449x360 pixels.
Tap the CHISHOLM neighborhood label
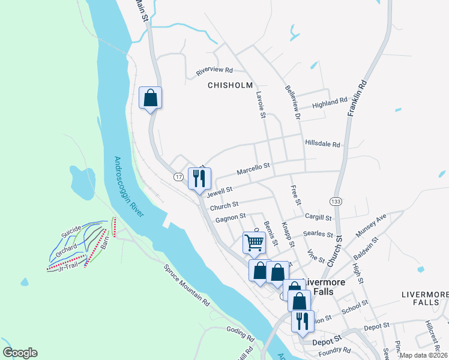click(x=230, y=85)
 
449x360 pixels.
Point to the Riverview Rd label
click(x=214, y=71)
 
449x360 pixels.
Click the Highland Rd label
click(x=330, y=104)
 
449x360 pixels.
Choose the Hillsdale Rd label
click(x=322, y=145)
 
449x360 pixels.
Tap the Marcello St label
click(x=253, y=169)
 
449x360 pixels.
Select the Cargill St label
click(x=318, y=217)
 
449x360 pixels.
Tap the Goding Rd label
click(x=241, y=330)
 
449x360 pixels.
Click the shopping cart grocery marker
click(x=254, y=242)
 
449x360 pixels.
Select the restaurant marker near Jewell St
click(x=199, y=178)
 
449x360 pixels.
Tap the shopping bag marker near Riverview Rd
click(x=150, y=98)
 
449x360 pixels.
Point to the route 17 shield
click(x=179, y=176)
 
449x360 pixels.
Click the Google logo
click(x=20, y=353)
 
